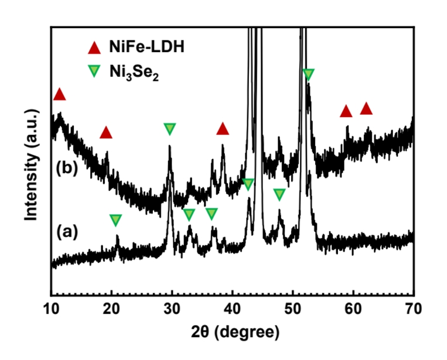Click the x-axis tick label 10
click(51, 307)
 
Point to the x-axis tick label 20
click(111, 307)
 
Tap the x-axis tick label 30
click(172, 307)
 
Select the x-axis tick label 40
click(233, 307)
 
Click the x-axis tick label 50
click(293, 307)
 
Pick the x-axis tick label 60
click(353, 307)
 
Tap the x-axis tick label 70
click(414, 307)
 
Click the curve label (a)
click(67, 232)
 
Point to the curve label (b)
click(66, 167)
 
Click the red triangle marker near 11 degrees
click(59, 94)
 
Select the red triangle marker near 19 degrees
click(105, 133)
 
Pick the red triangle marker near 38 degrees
click(223, 129)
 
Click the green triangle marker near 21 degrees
click(116, 220)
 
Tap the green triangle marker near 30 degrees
click(170, 129)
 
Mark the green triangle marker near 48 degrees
click(279, 194)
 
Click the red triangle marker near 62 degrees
click(366, 108)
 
